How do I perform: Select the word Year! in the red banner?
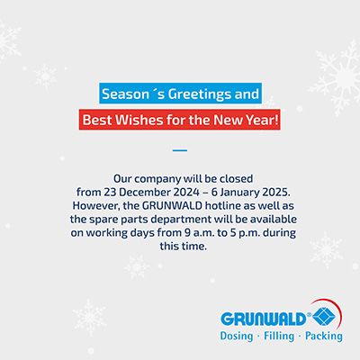point(262,120)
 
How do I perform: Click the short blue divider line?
point(180,150)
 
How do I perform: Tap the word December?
point(142,193)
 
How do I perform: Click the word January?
point(238,193)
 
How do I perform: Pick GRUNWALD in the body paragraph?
point(173,206)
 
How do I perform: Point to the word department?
point(181,220)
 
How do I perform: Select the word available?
point(274,220)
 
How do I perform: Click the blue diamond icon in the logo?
point(324,318)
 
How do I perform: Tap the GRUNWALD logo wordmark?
point(263,319)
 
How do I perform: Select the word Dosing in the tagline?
point(237,337)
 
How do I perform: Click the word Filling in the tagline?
point(279,337)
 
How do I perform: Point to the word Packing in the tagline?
point(324,337)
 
